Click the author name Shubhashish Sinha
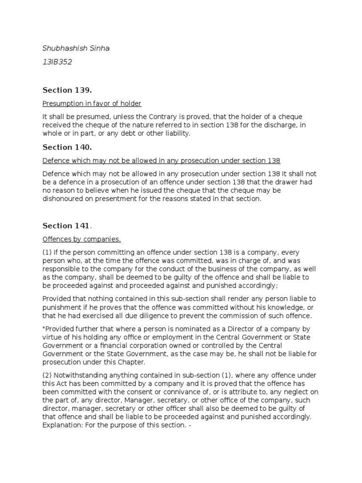(76, 49)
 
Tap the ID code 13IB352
(57, 62)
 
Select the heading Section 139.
(67, 90)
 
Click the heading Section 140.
(67, 148)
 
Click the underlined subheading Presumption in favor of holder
(92, 103)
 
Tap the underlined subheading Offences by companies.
(82, 239)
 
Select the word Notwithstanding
(83, 375)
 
